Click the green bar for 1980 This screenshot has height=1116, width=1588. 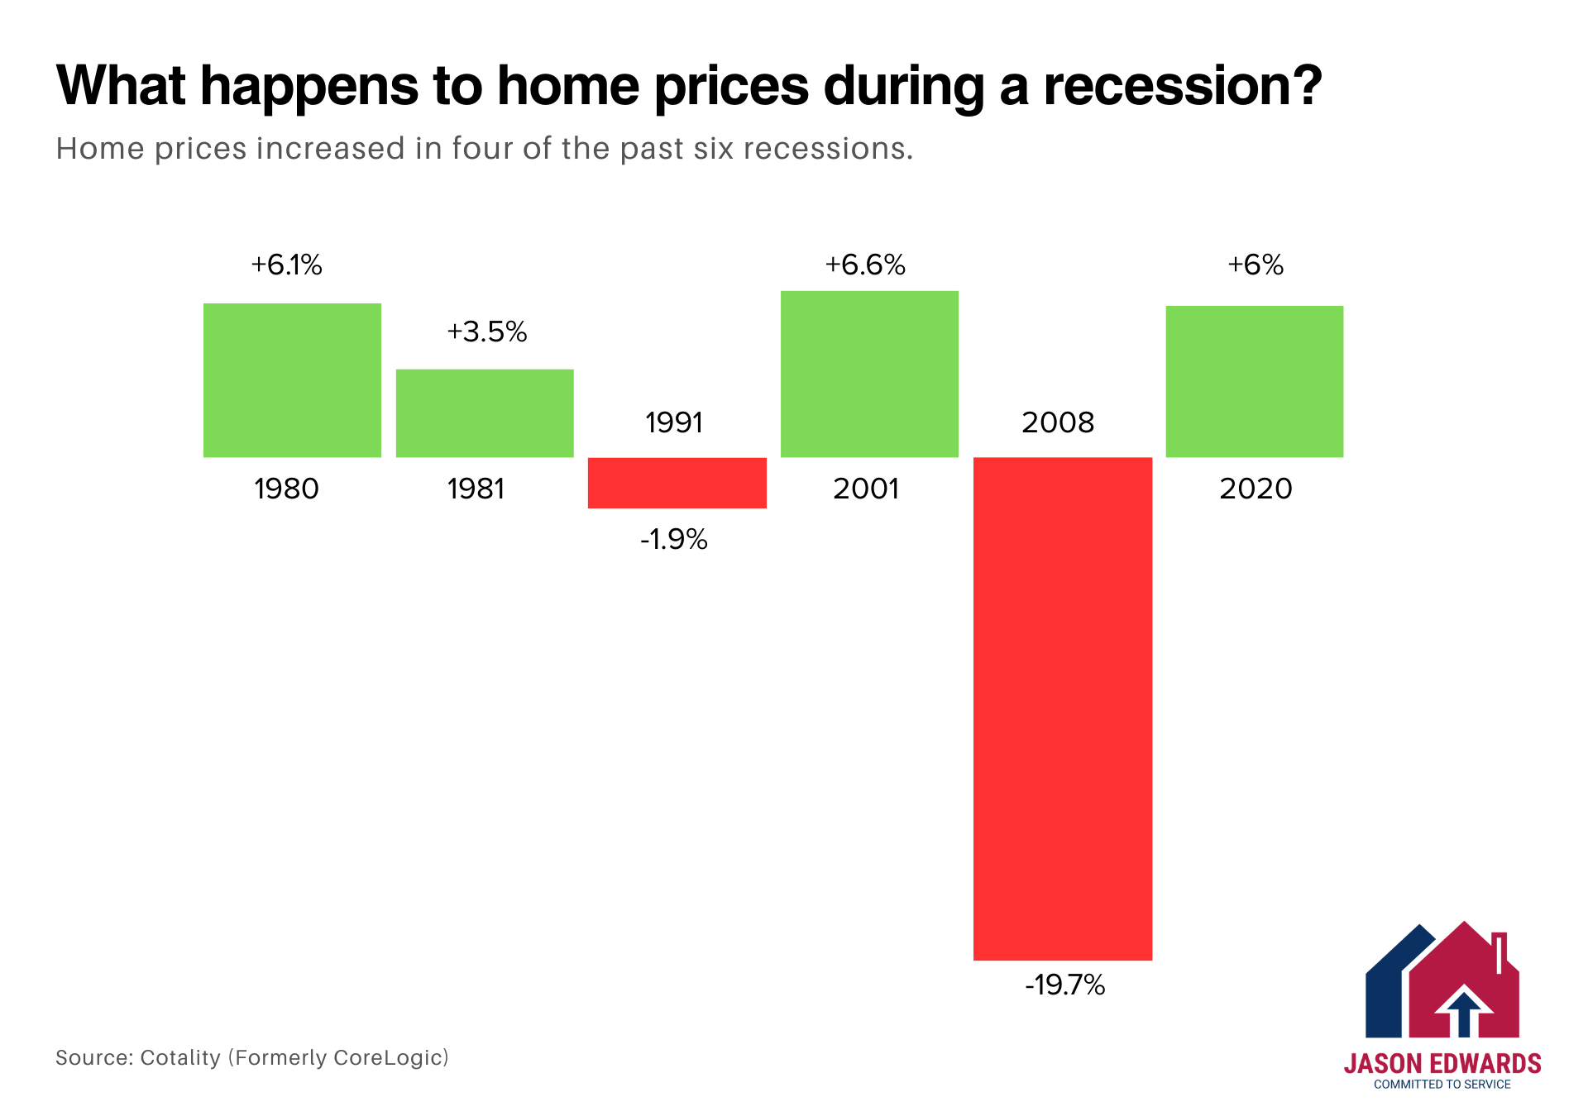(x=292, y=380)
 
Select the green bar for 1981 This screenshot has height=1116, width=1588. (x=485, y=413)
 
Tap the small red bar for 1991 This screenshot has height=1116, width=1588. (x=677, y=483)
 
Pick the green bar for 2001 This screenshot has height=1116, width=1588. (x=869, y=374)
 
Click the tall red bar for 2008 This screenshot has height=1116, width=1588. (x=1062, y=708)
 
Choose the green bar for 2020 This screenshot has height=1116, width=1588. (x=1254, y=381)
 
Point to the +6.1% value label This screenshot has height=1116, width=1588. (x=286, y=265)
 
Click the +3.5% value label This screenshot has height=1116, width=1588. (x=486, y=332)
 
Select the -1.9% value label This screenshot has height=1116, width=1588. (x=673, y=540)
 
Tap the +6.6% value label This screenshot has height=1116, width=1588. (x=865, y=265)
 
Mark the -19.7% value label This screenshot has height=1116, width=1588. (x=1064, y=985)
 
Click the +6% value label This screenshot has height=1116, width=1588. (x=1255, y=265)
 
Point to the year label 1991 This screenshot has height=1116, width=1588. (x=674, y=423)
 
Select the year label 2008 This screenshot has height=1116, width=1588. (x=1058, y=423)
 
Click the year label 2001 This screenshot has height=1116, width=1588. (x=866, y=489)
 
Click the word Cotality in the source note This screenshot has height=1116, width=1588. (x=180, y=1058)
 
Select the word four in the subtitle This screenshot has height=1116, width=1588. (x=481, y=150)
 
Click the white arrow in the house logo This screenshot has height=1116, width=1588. (x=1464, y=1010)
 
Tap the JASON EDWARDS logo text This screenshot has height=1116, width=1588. (x=1442, y=1064)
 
